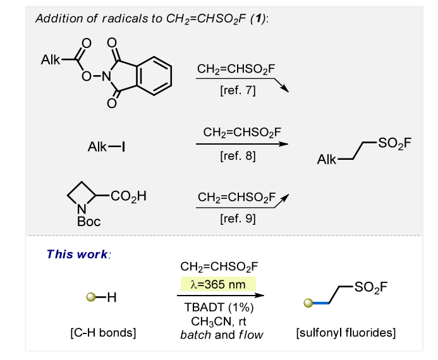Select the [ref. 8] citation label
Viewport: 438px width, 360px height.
point(238,155)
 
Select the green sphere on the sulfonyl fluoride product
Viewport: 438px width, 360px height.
point(308,303)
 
